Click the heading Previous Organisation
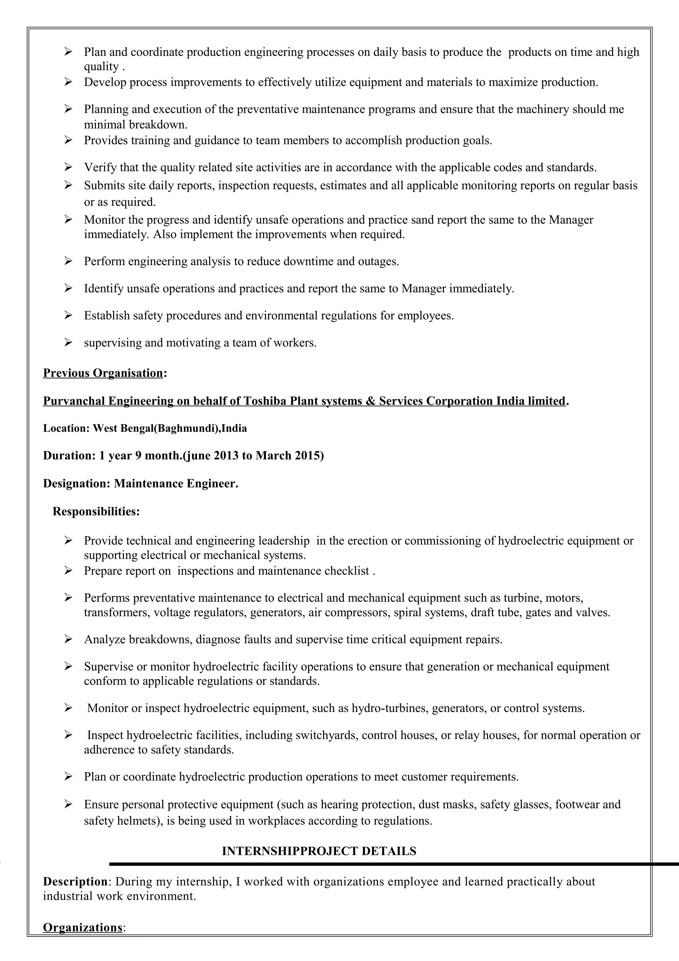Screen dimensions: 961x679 [x=103, y=373]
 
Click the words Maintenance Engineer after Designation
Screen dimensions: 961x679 [x=176, y=483]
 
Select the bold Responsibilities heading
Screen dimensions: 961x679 [x=96, y=511]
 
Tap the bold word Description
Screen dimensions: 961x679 [x=75, y=881]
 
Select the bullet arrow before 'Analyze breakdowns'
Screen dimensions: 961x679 [x=68, y=640]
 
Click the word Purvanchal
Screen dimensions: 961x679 [x=75, y=401]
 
